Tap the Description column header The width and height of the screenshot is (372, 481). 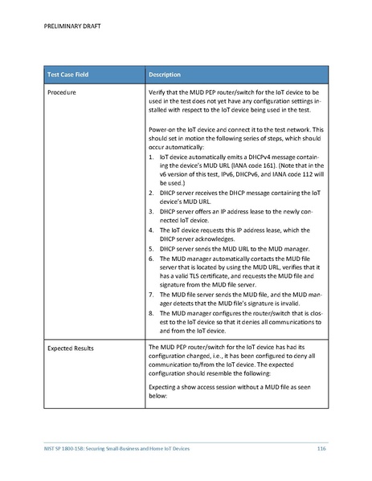pos(167,75)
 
